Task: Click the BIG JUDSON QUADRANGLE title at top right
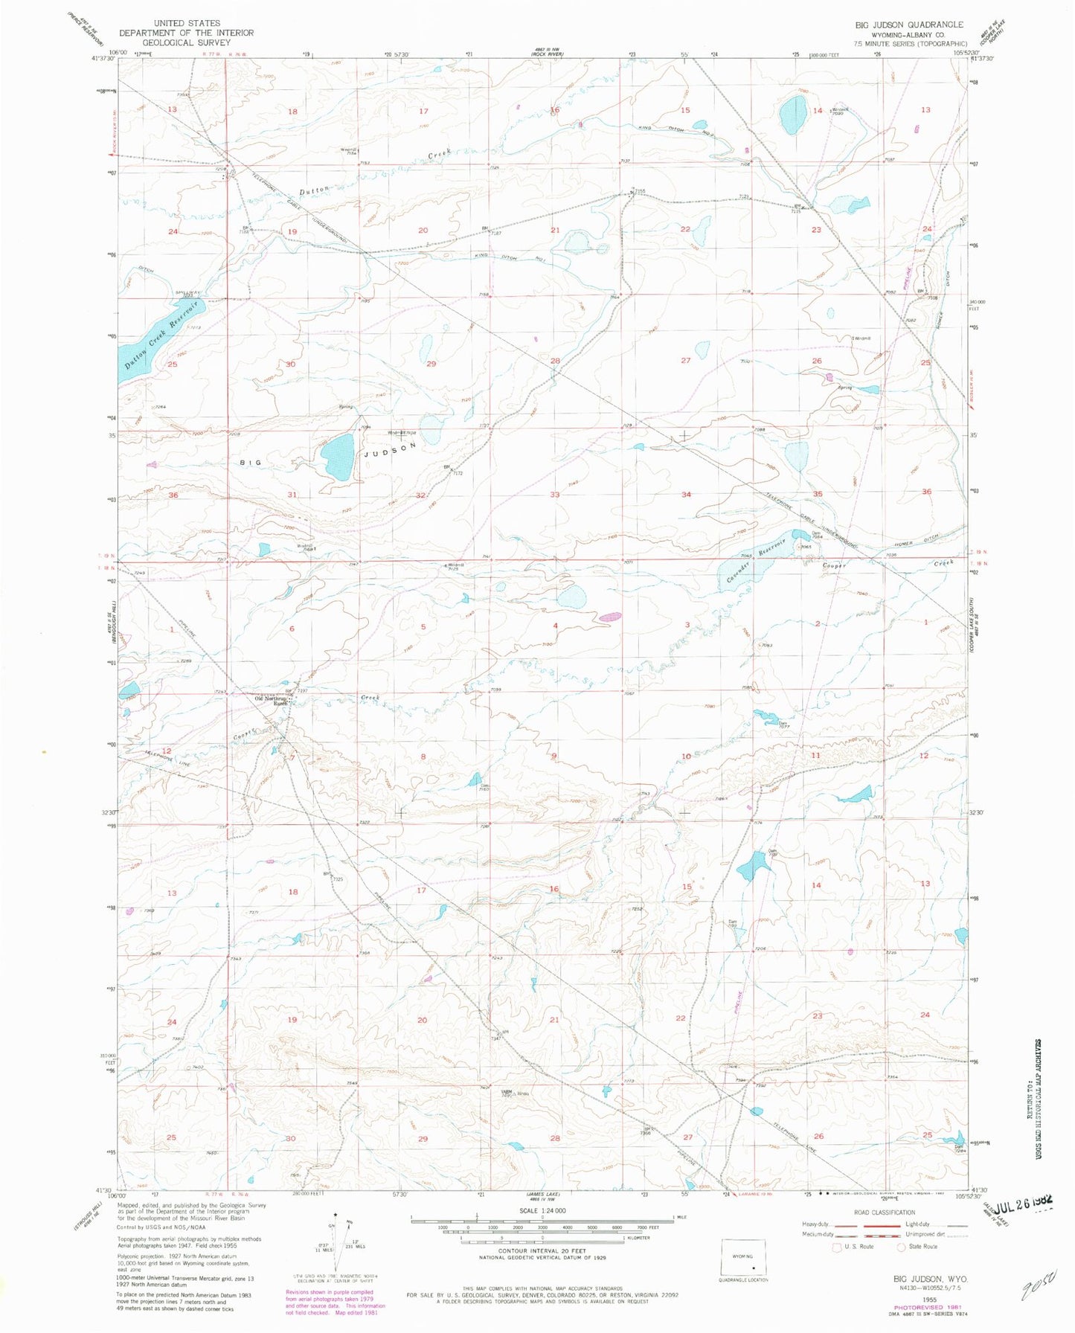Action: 909,25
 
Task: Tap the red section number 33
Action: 554,495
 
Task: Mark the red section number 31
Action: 292,495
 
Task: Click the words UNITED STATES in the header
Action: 186,23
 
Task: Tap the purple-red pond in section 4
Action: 611,617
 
